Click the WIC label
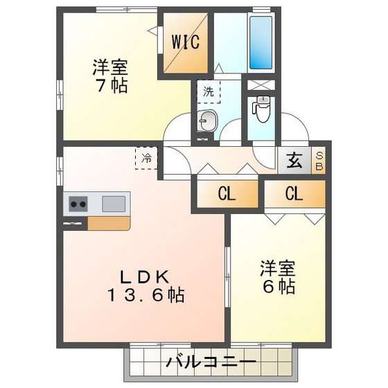(186, 41)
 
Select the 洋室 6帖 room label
(278, 276)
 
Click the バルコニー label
(211, 362)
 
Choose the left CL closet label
(227, 194)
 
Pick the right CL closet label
(294, 194)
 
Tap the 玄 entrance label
(294, 162)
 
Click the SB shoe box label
(319, 161)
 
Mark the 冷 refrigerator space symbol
(146, 159)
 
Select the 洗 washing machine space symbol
(208, 91)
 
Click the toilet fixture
(262, 109)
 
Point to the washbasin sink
(207, 122)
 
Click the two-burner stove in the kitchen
(76, 204)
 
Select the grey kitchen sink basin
(114, 204)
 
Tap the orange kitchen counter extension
(108, 223)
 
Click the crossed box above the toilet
(261, 88)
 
